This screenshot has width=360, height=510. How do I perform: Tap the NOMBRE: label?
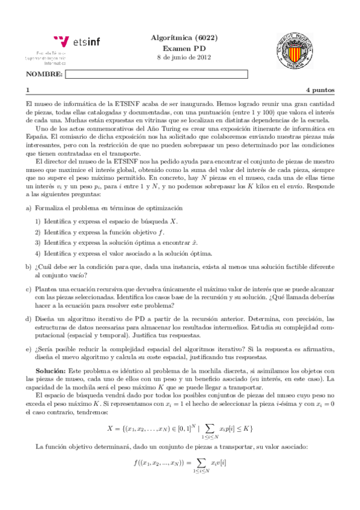44,74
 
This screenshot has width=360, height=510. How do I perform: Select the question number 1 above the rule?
28,90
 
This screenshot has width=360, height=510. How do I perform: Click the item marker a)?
29,207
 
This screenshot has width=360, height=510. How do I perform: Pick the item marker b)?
29,266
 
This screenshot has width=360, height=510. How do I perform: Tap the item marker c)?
29,289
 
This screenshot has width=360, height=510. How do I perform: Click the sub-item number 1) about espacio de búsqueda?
38,221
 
